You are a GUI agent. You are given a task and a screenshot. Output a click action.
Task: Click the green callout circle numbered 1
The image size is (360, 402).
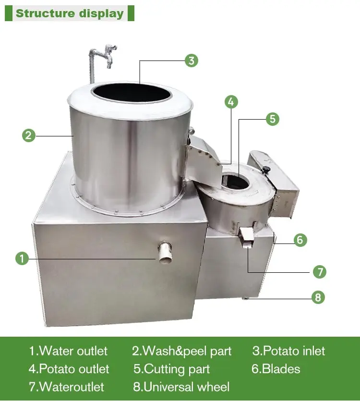pos(22,258)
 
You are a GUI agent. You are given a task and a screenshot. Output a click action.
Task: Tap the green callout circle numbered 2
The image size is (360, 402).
pos(29,135)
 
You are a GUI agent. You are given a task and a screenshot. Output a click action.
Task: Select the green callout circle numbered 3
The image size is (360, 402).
pos(192,61)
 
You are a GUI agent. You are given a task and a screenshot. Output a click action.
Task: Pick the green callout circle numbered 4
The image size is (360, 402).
pos(231,102)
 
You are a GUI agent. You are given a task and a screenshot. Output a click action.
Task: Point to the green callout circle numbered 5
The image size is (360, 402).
pos(272,119)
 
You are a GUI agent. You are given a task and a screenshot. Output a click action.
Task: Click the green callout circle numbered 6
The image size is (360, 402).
pos(300,240)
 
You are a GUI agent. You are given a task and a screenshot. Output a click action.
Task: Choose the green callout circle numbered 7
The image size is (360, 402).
pos(320,272)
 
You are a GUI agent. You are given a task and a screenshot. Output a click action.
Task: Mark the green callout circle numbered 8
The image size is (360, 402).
pos(318,297)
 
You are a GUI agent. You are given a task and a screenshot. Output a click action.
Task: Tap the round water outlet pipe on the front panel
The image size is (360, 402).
pos(165,252)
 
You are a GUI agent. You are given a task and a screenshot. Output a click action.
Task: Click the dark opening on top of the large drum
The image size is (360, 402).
pos(132,93)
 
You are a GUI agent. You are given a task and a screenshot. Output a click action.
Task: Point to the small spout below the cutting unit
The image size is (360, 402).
pos(247,238)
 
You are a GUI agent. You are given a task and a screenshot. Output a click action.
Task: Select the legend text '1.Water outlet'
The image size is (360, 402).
pos(68,351)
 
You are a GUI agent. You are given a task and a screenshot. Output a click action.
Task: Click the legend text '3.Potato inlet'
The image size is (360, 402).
pos(288,351)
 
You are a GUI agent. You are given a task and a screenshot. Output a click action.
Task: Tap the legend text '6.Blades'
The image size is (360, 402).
pos(276,369)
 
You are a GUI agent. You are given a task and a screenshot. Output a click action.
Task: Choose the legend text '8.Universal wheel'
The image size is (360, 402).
pos(181,387)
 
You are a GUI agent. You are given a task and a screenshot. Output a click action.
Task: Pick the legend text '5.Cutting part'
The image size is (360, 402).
pos(172,369)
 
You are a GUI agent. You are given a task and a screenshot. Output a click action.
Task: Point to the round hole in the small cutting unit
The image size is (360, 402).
pos(235,182)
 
